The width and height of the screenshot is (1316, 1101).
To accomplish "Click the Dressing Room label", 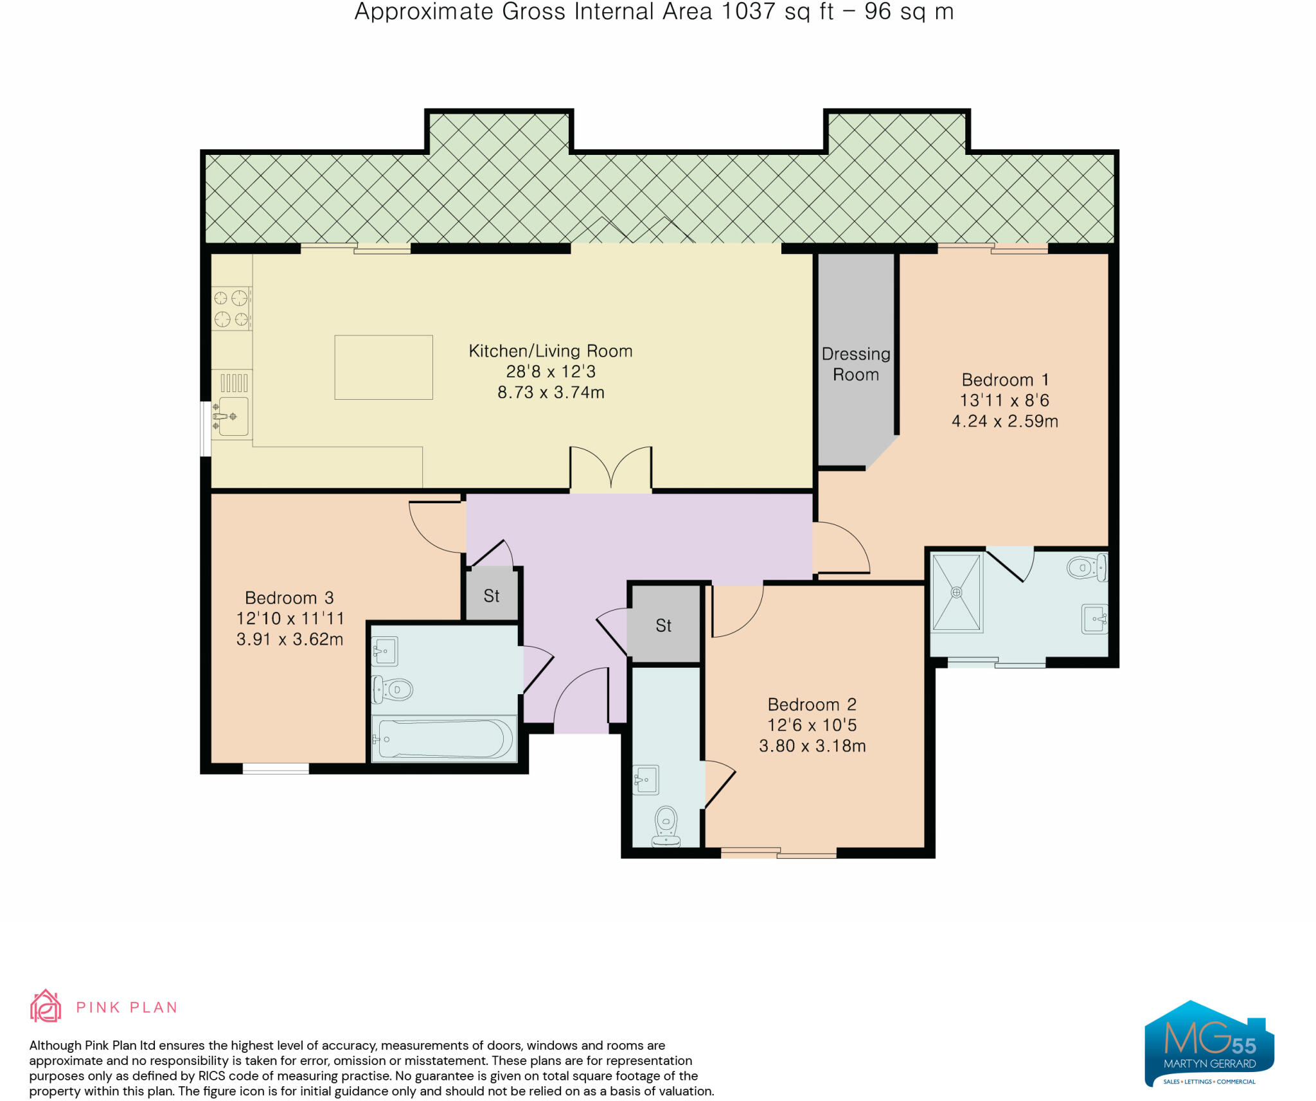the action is tap(856, 364).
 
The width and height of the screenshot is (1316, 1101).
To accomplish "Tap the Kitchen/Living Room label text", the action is tap(551, 351).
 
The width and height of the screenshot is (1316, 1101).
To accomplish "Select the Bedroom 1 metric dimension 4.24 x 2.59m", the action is tap(1004, 421).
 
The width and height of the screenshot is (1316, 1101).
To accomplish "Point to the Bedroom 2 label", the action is tap(812, 704).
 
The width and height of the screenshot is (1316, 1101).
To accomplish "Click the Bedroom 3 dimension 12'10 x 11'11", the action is tap(290, 618).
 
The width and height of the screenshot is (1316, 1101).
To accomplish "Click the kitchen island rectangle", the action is tap(384, 367).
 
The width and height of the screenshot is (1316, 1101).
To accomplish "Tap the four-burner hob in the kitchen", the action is tap(231, 308).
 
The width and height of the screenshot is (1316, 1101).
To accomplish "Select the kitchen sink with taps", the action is tap(231, 417).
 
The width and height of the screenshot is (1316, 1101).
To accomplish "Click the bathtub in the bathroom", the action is tap(445, 738).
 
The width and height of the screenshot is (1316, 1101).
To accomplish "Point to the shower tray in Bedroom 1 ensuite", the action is tap(957, 593).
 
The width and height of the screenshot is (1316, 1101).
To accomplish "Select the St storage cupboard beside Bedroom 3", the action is tap(492, 594).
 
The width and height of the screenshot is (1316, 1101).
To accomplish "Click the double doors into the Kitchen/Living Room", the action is tap(610, 469).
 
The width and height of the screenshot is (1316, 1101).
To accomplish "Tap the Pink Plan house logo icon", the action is tap(46, 1006).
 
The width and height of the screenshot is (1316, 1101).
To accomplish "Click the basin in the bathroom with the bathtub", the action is tap(385, 651).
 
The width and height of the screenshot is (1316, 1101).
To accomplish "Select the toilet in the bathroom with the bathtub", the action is tap(393, 690).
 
